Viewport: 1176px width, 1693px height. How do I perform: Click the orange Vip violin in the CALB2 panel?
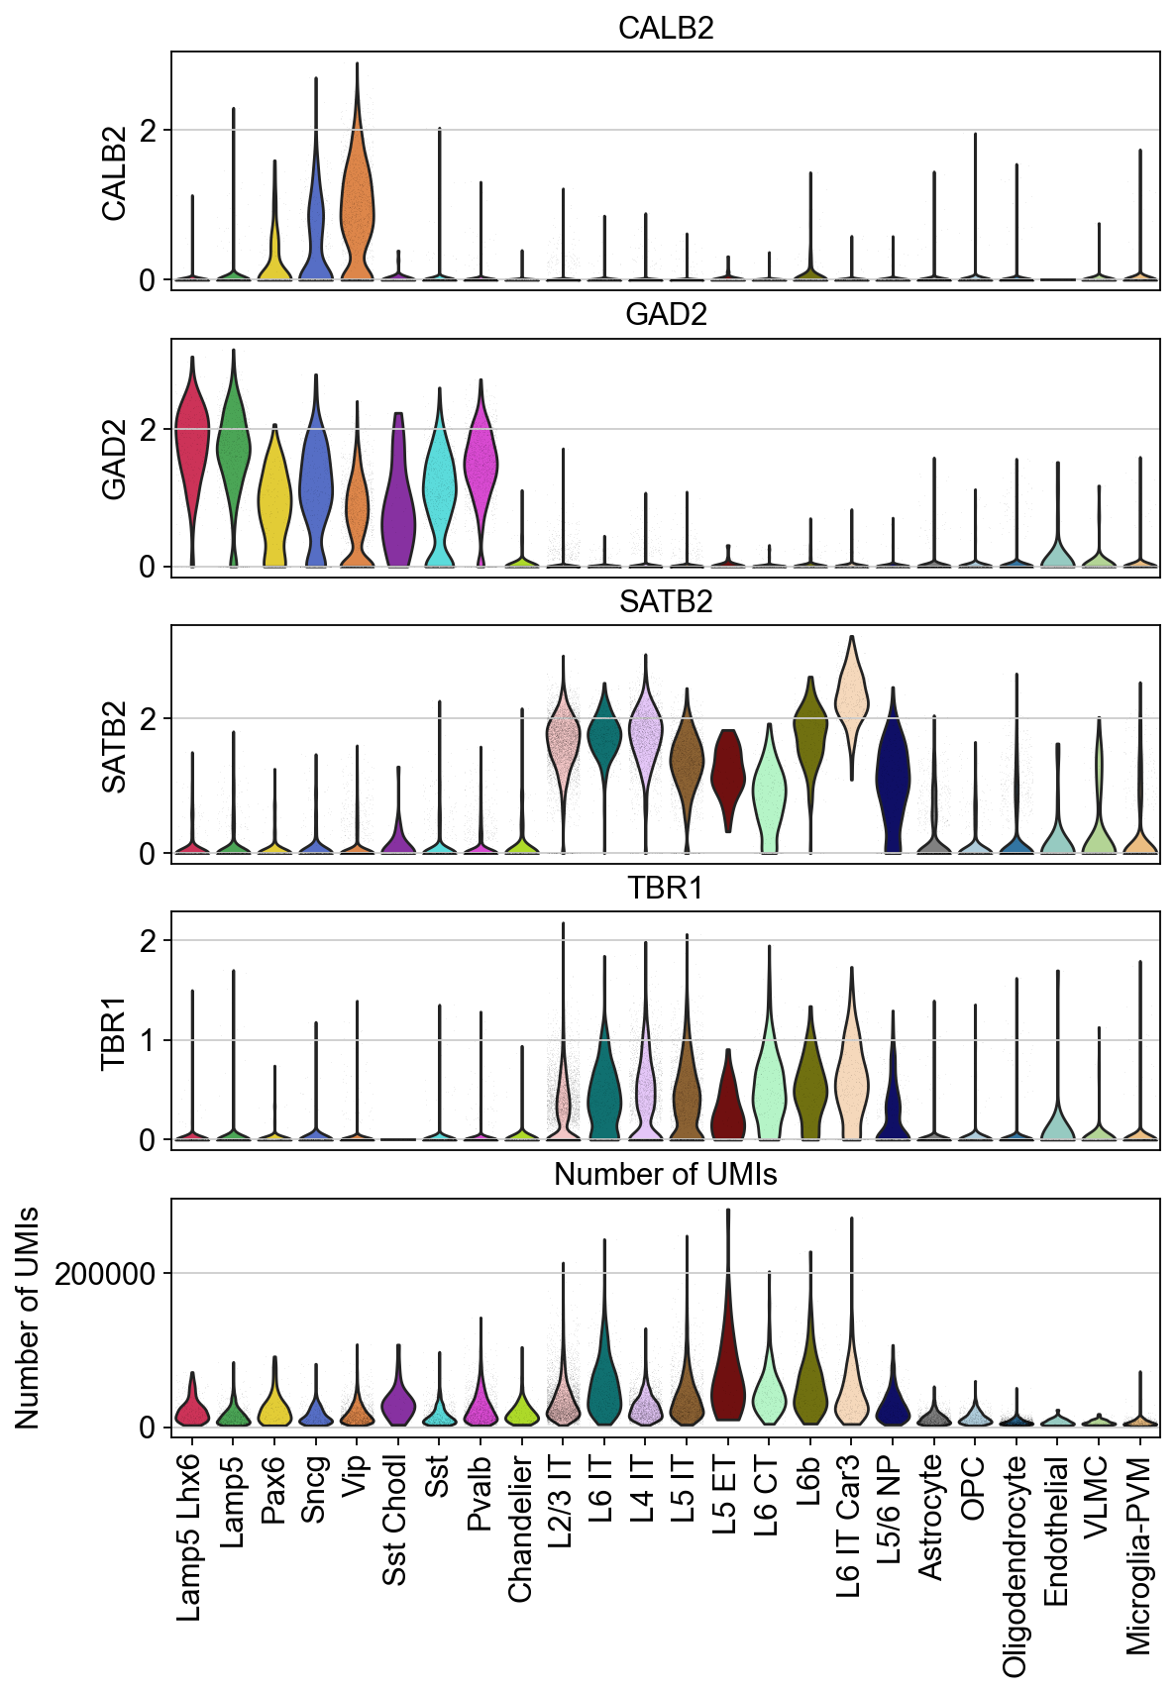pos(357,198)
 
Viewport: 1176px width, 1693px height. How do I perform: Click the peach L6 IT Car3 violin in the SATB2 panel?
pos(851,693)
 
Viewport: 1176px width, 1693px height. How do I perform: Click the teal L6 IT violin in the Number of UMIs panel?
pos(604,1377)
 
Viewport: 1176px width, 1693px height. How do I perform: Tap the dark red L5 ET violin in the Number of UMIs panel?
pos(728,1357)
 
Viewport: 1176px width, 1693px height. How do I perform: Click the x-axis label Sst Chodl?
pos(394,1521)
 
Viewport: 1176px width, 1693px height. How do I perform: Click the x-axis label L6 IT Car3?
pos(849,1527)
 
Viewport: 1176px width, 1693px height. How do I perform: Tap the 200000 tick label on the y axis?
pos(106,1274)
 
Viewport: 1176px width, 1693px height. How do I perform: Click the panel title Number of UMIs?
pos(665,1174)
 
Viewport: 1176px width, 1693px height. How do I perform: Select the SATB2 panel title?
pos(665,601)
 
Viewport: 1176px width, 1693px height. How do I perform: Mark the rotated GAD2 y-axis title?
pos(114,460)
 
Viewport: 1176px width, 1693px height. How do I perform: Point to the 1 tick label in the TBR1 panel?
pos(149,1040)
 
